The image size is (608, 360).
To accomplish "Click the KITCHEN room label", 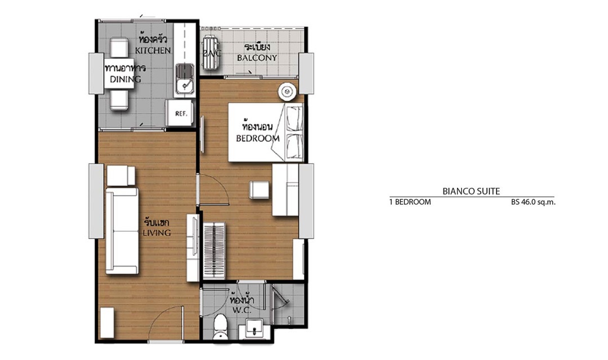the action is point(153,51).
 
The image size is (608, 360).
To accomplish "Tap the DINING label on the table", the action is point(125,79).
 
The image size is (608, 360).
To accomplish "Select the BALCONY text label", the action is point(257,58).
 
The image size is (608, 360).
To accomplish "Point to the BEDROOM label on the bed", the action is point(258,138).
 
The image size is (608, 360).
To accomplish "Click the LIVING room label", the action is point(157,233).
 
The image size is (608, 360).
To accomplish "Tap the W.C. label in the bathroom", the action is point(242,310).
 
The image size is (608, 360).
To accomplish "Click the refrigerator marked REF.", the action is point(180,112).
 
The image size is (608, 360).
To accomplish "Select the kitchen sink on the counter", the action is point(185,79).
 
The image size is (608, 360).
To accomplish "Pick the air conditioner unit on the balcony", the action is point(211,53).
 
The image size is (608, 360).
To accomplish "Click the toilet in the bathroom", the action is point(221,327).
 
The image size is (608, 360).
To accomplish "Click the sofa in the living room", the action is point(122,231).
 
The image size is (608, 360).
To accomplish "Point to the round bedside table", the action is point(287,92).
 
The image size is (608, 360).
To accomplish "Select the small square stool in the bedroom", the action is point(259,190).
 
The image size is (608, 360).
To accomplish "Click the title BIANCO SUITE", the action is point(471,191).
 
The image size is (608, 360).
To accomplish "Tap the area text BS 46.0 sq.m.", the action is point(533,202).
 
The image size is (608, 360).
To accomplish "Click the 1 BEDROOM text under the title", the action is point(410,202).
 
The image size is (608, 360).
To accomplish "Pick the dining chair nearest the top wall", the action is point(119,47).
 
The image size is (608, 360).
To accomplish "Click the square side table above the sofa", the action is point(120,175).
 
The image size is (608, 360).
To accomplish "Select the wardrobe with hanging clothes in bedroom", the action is point(214,250).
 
